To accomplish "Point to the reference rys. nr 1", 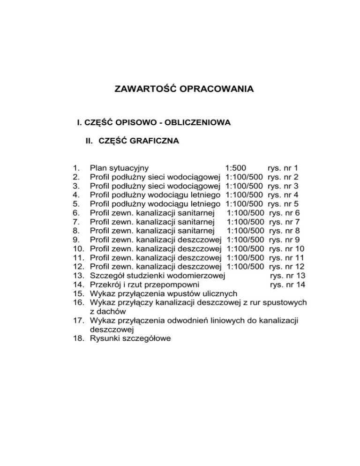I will coord(283,168).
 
